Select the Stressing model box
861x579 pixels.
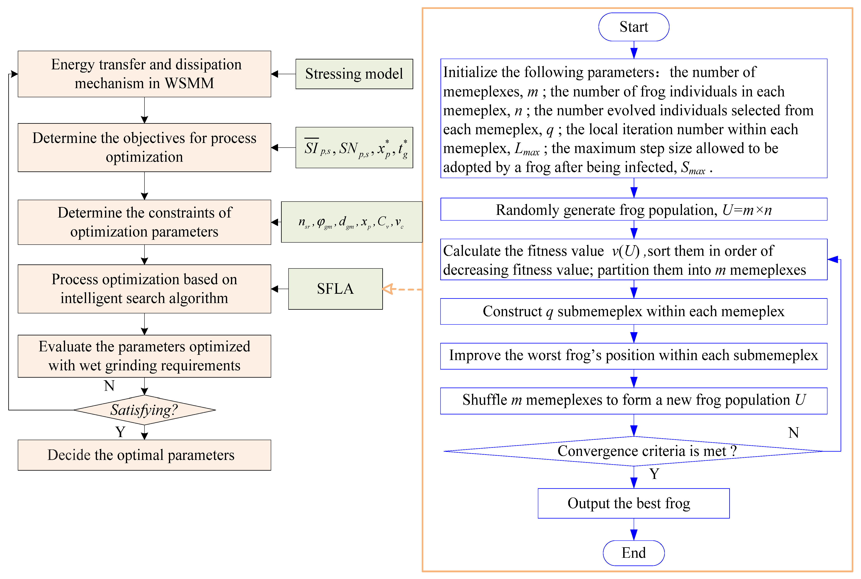354,74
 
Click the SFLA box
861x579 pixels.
335,289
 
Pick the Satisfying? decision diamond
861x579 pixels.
144,410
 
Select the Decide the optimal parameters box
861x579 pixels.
144,455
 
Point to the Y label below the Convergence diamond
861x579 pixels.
654,474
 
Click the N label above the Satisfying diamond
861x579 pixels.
109,386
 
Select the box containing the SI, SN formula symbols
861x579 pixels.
354,148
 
